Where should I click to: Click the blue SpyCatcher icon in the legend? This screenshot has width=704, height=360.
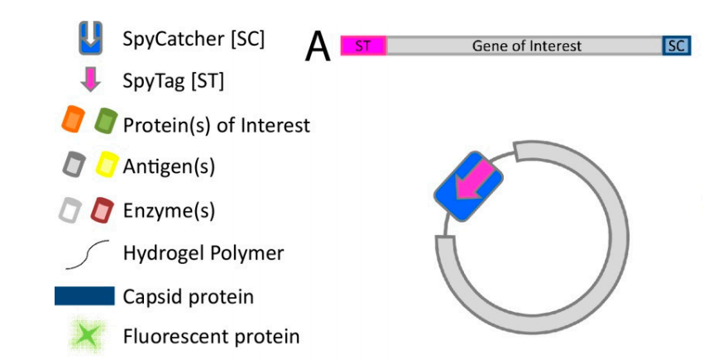(x=91, y=36)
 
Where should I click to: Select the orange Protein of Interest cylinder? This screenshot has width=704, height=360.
(x=71, y=121)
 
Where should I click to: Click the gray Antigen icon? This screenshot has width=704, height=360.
(x=73, y=166)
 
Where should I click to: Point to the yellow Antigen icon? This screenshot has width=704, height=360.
(x=105, y=166)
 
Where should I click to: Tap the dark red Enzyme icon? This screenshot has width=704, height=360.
(x=103, y=210)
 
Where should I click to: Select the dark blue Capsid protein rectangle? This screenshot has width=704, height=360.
(x=84, y=295)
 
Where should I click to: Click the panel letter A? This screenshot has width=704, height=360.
(x=318, y=48)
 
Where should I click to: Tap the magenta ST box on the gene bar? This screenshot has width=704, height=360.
(x=363, y=46)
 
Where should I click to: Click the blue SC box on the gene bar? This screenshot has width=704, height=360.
(x=676, y=46)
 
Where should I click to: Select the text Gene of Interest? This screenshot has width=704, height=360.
(x=526, y=46)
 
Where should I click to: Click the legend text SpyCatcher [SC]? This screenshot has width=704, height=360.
(x=194, y=38)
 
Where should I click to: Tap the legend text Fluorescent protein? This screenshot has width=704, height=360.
(x=211, y=336)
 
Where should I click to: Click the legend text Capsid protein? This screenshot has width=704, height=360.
(x=188, y=295)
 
